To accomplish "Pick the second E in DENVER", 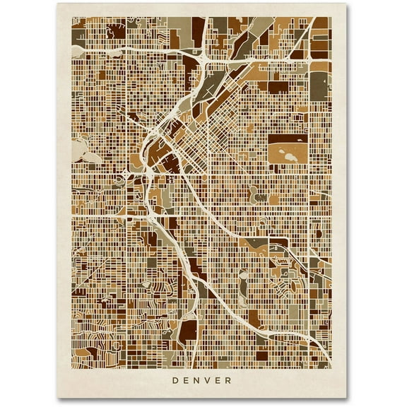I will [x=222, y=380].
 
